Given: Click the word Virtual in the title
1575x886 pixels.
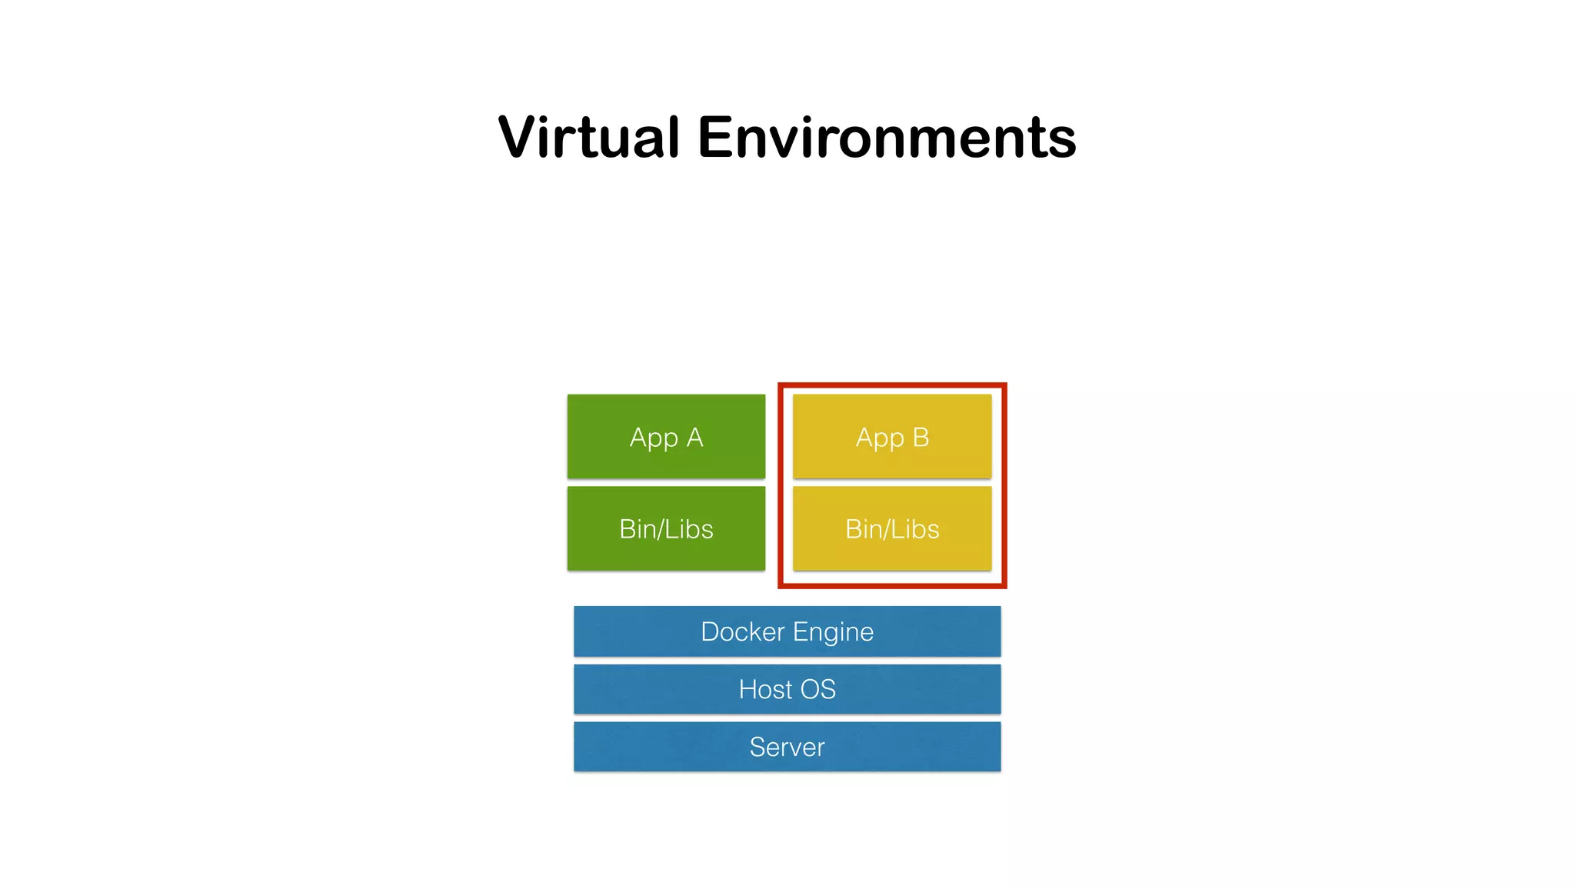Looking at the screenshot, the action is pyautogui.click(x=589, y=138).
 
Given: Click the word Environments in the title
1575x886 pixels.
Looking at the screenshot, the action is pyautogui.click(x=886, y=138).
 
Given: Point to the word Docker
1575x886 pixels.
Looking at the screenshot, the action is pyautogui.click(x=743, y=631).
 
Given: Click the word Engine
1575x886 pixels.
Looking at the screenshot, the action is pyautogui.click(x=833, y=632).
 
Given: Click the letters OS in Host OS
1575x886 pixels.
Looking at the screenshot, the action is pyautogui.click(x=817, y=689).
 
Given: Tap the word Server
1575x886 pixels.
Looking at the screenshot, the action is pyautogui.click(x=787, y=747).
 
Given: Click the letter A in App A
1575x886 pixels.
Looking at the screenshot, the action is pyautogui.click(x=694, y=438).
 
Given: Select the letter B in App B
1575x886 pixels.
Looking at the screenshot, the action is pyautogui.click(x=921, y=438).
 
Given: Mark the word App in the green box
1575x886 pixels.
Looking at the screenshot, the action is pyautogui.click(x=654, y=438).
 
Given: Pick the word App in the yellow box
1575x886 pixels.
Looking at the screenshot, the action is pyautogui.click(x=880, y=438).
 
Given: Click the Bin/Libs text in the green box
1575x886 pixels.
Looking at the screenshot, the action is pyautogui.click(x=666, y=529).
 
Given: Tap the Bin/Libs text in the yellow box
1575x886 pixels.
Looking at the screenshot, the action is pyautogui.click(x=892, y=529).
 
